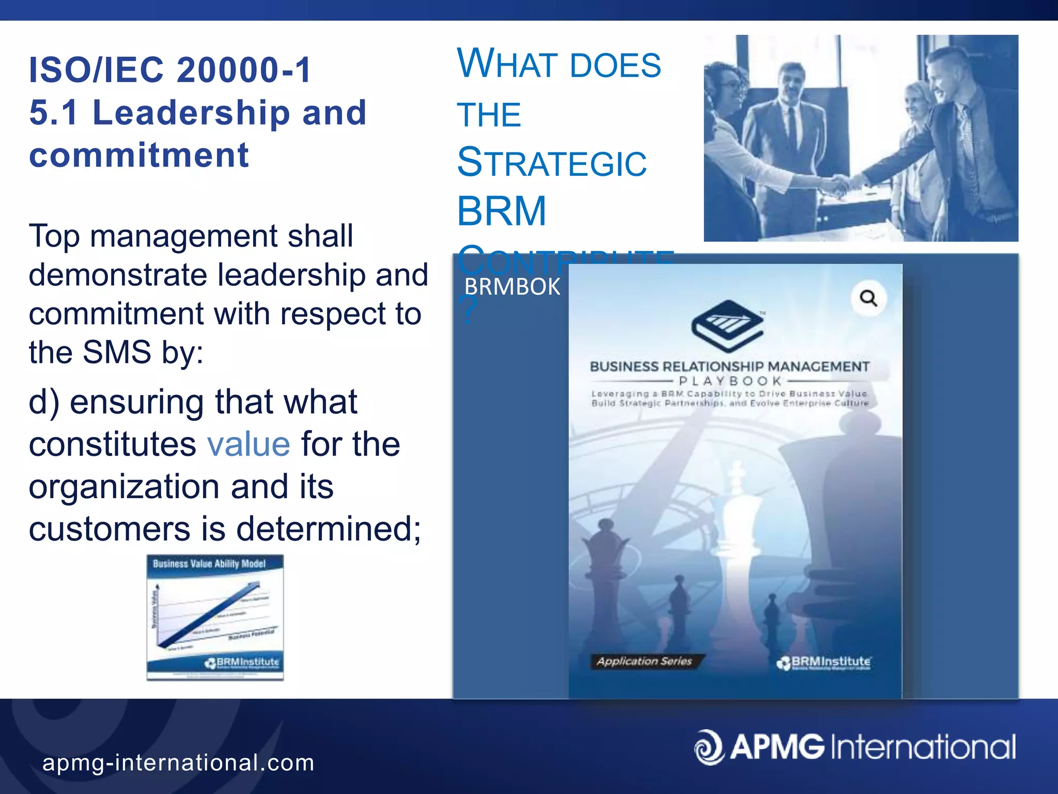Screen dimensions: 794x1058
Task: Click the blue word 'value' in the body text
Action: (x=248, y=445)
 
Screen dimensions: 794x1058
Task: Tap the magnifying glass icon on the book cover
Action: (x=868, y=298)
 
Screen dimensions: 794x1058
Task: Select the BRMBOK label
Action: (x=512, y=287)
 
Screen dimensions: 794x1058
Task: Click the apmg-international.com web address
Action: (x=178, y=762)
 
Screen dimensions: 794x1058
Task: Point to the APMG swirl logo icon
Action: (x=709, y=747)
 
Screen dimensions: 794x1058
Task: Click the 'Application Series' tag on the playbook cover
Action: (x=644, y=661)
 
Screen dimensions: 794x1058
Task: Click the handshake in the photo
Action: (x=841, y=184)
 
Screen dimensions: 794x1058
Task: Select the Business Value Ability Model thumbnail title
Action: (x=209, y=563)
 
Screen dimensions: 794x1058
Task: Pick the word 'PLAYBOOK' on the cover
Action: (x=730, y=381)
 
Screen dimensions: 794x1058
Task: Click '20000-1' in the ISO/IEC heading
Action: (x=244, y=70)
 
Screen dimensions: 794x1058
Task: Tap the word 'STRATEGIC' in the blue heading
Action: (x=552, y=163)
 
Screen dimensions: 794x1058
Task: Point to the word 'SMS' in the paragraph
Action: (x=117, y=353)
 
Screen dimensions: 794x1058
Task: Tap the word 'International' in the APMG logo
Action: (x=923, y=747)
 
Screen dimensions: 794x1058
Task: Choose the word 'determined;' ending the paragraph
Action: (x=329, y=529)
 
